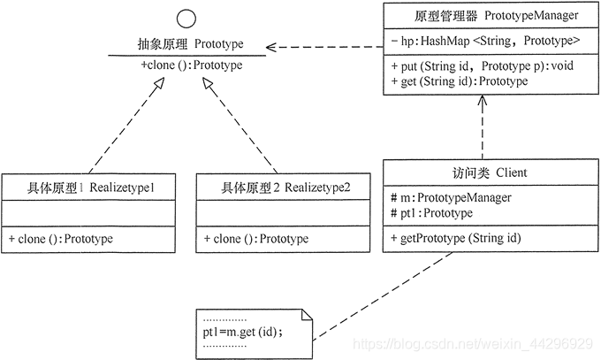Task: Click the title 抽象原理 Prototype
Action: click(185, 43)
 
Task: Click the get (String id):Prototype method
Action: click(459, 81)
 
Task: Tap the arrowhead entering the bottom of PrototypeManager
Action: click(483, 103)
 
